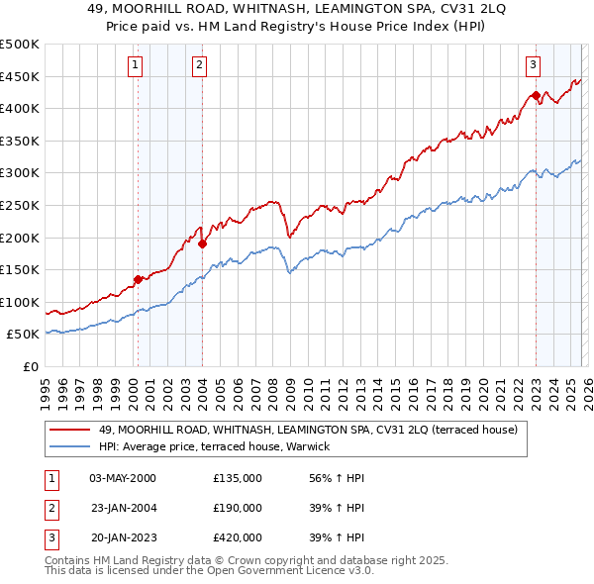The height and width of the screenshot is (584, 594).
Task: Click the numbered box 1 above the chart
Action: coord(135,65)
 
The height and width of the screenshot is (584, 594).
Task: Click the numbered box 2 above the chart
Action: coord(199,65)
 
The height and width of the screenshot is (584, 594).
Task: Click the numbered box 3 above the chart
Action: coord(533,65)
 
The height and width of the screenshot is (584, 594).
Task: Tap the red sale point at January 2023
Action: coord(536,96)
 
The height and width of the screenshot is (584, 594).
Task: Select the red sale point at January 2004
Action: coord(202,243)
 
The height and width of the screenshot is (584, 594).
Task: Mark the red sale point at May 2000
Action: coord(138,279)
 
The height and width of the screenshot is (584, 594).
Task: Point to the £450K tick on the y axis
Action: coord(20,76)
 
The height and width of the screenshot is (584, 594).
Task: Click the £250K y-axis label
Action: coord(20,205)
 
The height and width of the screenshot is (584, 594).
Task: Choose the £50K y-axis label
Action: coord(23,335)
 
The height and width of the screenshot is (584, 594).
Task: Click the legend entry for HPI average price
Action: coord(220,447)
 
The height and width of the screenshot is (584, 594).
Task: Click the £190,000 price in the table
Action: coord(238,508)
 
